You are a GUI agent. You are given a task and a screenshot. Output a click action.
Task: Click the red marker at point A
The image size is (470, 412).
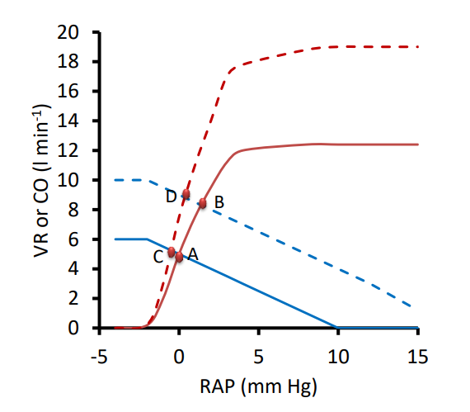pyautogui.click(x=179, y=257)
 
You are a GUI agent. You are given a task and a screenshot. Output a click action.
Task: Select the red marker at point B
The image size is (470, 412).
pyautogui.click(x=202, y=203)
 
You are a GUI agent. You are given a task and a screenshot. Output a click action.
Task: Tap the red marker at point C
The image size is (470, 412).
pyautogui.click(x=172, y=252)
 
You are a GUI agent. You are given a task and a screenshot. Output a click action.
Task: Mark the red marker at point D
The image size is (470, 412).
pyautogui.click(x=186, y=194)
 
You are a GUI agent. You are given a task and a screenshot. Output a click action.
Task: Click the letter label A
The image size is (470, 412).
pyautogui.click(x=193, y=255)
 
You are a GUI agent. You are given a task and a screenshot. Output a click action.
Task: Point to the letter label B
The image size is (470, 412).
pyautogui.click(x=219, y=201)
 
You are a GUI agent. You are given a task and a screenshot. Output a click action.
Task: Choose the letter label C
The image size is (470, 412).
pyautogui.click(x=157, y=256)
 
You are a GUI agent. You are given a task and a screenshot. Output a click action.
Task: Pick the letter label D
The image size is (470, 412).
pyautogui.click(x=171, y=197)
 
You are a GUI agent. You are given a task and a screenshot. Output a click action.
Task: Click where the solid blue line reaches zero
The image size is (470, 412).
pyautogui.click(x=338, y=327)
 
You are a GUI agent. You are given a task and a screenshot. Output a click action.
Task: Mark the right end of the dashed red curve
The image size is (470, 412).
pyautogui.click(x=419, y=47)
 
